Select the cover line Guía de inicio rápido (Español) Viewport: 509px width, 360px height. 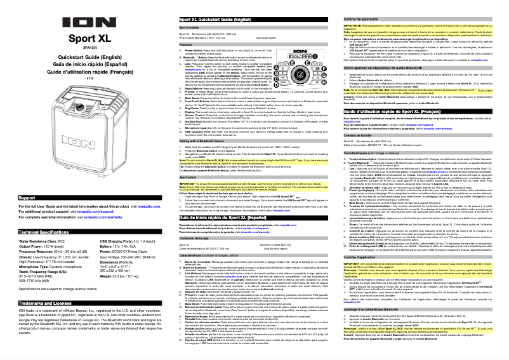[85, 65]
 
